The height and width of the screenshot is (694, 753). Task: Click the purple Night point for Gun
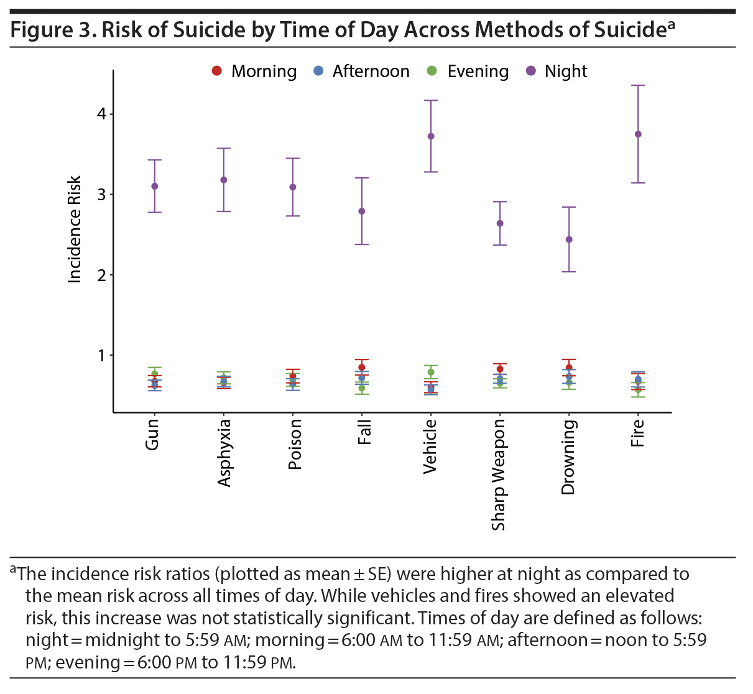[x=154, y=186]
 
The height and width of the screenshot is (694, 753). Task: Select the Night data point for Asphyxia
[x=224, y=180]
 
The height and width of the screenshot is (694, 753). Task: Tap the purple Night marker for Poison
[x=293, y=187]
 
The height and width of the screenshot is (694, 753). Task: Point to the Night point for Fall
[x=362, y=211]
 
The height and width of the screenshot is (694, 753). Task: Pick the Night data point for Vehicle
[x=431, y=136]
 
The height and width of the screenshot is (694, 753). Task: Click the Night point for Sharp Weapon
[x=500, y=223]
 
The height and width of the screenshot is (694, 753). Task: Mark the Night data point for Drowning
[x=569, y=239]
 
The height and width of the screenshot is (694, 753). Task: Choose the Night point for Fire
[x=638, y=134]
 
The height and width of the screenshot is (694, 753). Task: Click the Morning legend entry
[x=255, y=72]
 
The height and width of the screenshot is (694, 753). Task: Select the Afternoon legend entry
[x=363, y=72]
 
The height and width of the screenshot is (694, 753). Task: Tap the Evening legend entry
[x=469, y=72]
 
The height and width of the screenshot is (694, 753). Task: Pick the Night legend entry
[x=557, y=72]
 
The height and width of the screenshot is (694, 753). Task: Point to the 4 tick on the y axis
[x=101, y=114]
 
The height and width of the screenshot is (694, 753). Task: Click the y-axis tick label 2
[x=101, y=275]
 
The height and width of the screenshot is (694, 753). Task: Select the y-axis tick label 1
[x=101, y=356]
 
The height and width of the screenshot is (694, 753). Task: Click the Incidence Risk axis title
[x=75, y=230]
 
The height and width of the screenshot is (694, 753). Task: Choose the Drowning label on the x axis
[x=568, y=458]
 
